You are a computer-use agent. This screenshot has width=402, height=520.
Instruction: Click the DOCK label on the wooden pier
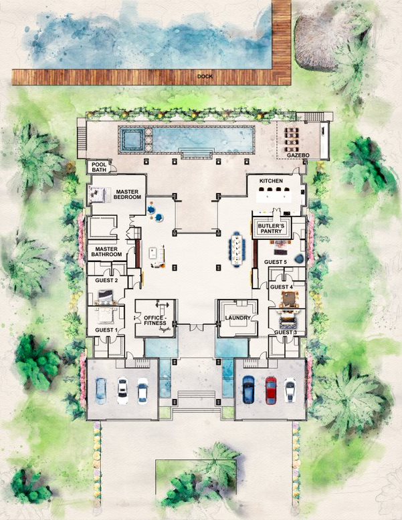[x=205, y=76]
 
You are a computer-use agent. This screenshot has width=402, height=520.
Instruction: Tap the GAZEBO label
[x=298, y=155]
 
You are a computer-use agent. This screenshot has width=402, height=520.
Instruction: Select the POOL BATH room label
[x=99, y=167]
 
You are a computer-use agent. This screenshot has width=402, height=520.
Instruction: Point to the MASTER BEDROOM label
[x=127, y=194]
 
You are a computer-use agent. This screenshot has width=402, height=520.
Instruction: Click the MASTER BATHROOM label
[x=106, y=252]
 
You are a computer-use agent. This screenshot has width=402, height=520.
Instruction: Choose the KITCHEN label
[x=271, y=180]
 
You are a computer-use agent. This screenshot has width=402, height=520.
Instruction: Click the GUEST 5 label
[x=276, y=262]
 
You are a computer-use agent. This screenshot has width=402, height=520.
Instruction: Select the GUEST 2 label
[x=106, y=280]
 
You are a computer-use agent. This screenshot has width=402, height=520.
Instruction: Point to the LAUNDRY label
[x=237, y=317]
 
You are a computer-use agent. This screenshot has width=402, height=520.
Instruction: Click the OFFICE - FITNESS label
[x=155, y=320]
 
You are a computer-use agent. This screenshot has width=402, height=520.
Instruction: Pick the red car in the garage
[x=271, y=390]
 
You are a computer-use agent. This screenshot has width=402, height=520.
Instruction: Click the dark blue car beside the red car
[x=248, y=390]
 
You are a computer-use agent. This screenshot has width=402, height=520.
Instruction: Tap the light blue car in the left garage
[x=101, y=391]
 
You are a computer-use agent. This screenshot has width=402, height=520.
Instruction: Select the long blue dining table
[x=237, y=249]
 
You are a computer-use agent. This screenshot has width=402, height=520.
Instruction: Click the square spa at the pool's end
[x=132, y=139]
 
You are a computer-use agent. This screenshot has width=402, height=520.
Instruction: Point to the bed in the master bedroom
[x=99, y=194]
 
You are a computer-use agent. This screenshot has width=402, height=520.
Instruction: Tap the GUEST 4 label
[x=282, y=287]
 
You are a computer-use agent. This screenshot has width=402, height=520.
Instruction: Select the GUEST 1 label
[x=106, y=330]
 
